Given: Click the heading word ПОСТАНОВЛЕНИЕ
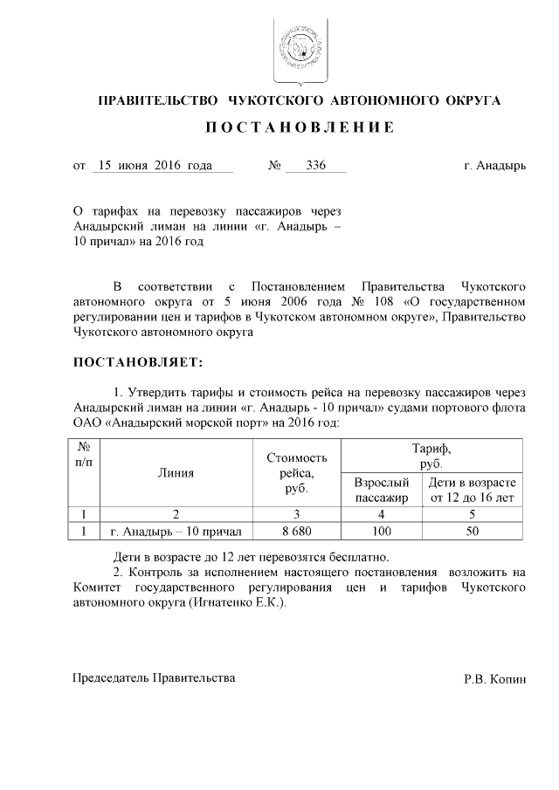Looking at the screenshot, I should (300, 127).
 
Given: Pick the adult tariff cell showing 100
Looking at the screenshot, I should (381, 531).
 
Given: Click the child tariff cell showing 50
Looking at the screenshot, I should (472, 531).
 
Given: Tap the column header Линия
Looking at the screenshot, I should (176, 473).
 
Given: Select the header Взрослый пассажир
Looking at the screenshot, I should (381, 490).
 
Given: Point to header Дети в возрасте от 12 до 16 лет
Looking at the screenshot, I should (472, 490).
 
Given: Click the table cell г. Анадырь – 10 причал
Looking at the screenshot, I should (176, 531).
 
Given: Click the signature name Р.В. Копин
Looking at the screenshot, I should (495, 678).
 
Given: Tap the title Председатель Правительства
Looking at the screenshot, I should (154, 677).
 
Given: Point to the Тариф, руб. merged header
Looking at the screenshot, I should (431, 456).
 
